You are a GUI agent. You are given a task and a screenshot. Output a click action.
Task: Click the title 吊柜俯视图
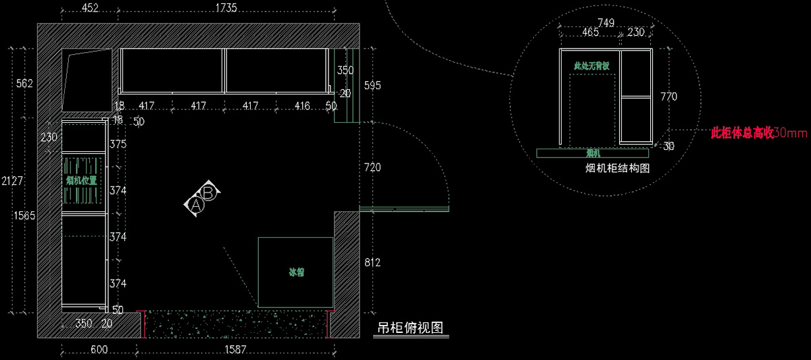(410, 329)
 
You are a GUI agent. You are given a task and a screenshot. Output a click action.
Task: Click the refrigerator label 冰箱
(297, 273)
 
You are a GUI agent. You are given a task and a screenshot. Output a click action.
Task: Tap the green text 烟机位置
(81, 180)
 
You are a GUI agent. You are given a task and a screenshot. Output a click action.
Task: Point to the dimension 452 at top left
(89, 8)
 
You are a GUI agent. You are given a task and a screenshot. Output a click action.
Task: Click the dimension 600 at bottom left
(99, 350)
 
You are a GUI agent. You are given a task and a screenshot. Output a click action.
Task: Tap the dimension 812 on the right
(372, 262)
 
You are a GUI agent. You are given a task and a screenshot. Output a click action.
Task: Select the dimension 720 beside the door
(372, 167)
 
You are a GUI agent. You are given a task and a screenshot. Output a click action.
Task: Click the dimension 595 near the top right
(372, 86)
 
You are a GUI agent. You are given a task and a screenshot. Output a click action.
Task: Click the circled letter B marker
(209, 192)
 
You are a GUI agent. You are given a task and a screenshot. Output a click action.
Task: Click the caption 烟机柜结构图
(617, 169)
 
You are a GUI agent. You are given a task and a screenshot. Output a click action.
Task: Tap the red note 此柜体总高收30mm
(759, 133)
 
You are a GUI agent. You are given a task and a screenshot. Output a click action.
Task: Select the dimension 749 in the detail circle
(606, 23)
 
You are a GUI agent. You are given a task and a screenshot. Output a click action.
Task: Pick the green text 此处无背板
(591, 66)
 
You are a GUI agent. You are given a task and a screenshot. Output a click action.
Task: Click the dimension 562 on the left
(24, 84)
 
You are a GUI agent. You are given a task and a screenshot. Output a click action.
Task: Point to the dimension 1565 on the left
(24, 215)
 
